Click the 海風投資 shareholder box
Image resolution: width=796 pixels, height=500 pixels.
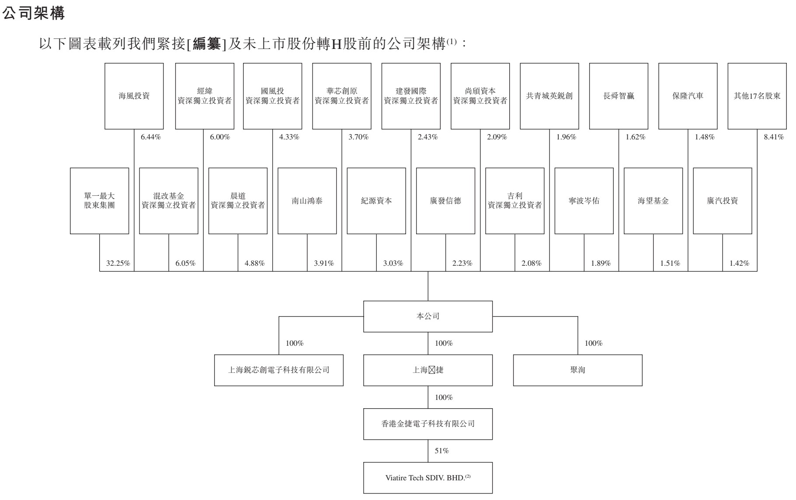coord(134,96)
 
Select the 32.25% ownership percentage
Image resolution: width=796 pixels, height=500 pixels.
coord(118,263)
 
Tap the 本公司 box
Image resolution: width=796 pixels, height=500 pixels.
coord(428,316)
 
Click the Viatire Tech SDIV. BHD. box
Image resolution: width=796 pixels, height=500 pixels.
coord(428,478)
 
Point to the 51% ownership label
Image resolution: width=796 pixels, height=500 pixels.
coord(441,451)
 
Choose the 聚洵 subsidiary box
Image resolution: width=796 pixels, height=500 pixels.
coord(577,370)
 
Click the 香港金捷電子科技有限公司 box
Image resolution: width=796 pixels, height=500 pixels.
coord(428,424)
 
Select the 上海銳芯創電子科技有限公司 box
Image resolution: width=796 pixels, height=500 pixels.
coord(278,370)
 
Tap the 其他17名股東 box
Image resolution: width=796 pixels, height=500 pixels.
coord(757,96)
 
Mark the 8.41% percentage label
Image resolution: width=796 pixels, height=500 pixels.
coord(774,137)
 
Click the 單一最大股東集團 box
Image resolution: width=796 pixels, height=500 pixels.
coord(99,201)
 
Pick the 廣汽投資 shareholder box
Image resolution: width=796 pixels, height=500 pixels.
coord(722,201)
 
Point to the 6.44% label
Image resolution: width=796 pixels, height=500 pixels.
coord(150,137)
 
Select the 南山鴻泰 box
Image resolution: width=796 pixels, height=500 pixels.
coord(307,201)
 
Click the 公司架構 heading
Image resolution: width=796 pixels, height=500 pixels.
coord(34,14)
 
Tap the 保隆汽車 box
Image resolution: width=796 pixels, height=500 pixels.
coord(688,96)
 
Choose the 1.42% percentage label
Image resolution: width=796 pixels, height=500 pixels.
coord(739,263)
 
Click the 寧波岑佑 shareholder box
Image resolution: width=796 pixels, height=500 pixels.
coord(584,201)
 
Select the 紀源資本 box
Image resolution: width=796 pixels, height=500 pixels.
coord(376,201)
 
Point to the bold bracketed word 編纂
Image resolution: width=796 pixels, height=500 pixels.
coord(207,44)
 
